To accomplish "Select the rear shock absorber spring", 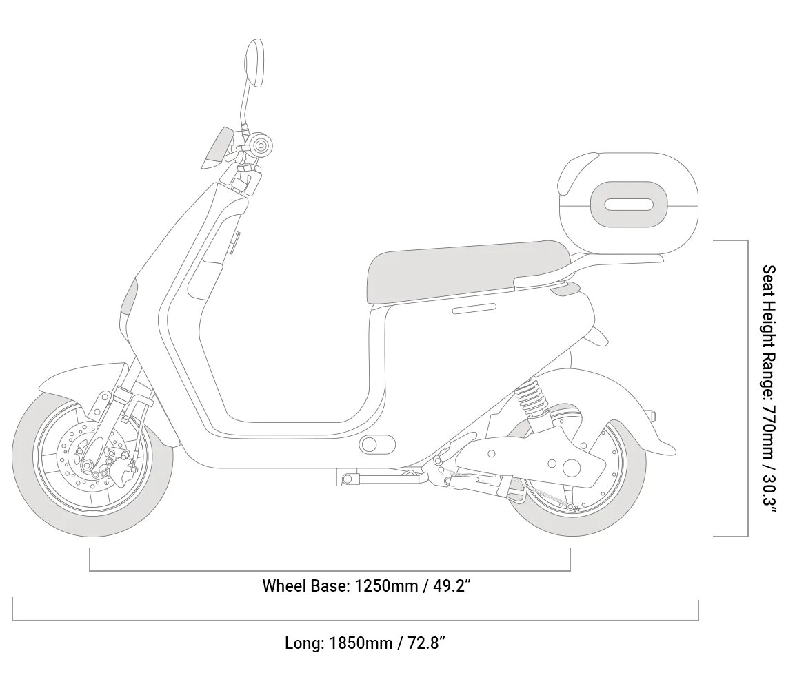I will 531,399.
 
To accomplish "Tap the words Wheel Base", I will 305,586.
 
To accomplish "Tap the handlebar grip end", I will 261,144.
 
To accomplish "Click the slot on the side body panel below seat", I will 474,308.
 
